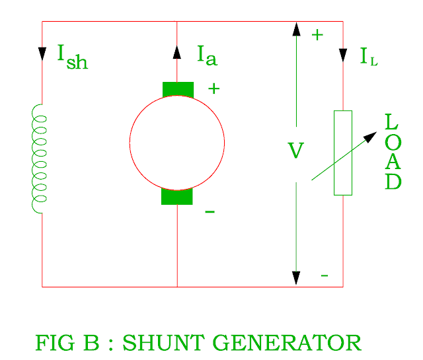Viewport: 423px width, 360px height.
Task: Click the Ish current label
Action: click(71, 57)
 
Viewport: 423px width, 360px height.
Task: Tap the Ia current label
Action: click(206, 55)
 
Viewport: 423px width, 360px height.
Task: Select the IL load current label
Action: click(368, 57)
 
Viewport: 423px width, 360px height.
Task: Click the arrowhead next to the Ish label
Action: click(42, 54)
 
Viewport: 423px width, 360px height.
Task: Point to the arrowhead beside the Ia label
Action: click(177, 52)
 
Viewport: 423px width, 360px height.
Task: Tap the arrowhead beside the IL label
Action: click(343, 54)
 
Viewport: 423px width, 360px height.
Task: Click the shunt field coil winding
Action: click(40, 159)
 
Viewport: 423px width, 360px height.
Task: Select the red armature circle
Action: click(177, 142)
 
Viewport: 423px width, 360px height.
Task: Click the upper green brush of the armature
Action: click(177, 89)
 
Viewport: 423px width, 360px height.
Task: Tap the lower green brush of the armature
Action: click(177, 196)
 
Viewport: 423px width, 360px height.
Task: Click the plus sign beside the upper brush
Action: click(213, 89)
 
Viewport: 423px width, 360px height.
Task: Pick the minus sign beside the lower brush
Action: click(210, 212)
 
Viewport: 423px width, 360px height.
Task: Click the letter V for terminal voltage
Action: click(296, 151)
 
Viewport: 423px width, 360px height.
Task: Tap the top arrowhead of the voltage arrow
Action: click(296, 29)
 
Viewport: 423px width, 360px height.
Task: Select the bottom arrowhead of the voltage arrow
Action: click(296, 278)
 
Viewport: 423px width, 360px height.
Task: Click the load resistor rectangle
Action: click(343, 153)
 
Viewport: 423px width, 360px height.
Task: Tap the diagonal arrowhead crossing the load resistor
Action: click(370, 136)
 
